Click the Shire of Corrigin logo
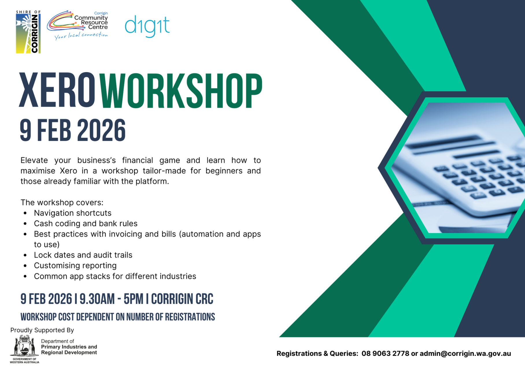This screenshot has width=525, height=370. tap(28, 32)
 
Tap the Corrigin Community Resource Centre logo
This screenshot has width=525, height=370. tap(77, 25)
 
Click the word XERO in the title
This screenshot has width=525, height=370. tap(57, 90)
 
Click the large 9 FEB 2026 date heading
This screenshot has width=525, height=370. tap(73, 131)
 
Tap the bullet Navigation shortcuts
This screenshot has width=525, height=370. tap(73, 213)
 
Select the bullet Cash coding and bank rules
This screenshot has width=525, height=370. tap(86, 223)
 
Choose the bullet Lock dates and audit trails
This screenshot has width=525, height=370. tap(83, 255)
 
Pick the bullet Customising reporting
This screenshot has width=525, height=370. tap(75, 265)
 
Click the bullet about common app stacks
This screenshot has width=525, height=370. tap(115, 276)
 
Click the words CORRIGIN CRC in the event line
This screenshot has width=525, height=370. tap(182, 299)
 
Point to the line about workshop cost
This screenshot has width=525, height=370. tap(118, 317)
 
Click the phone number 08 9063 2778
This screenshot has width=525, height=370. tap(385, 354)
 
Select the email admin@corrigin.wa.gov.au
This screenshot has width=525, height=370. tap(465, 354)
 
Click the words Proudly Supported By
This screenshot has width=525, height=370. tap(42, 330)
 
